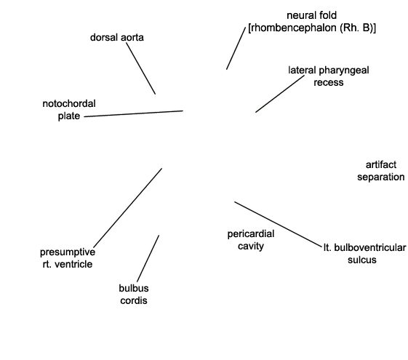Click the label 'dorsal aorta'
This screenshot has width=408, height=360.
tap(117, 38)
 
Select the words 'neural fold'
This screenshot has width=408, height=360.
tap(312, 15)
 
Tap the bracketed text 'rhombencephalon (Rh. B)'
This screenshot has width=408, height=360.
tap(312, 28)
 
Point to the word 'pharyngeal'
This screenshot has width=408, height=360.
tap(344, 71)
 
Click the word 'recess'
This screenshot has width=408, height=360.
tap(329, 82)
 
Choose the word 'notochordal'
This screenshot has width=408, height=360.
tap(69, 104)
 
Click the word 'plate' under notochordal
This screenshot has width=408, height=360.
tap(69, 116)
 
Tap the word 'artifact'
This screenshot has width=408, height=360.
tap(381, 164)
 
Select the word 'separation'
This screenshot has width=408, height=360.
tap(381, 177)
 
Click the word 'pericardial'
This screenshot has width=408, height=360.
tap(251, 234)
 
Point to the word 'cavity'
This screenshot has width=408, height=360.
tap(251, 246)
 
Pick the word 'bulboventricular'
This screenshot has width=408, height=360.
tap(370, 247)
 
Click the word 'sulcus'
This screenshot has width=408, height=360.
tap(362, 260)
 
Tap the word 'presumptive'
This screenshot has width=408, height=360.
tap(68, 252)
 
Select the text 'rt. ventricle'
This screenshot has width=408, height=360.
tap(68, 264)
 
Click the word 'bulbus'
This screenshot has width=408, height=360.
tap(134, 288)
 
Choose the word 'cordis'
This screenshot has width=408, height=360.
tap(134, 300)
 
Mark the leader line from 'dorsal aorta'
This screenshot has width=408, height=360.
tap(141, 68)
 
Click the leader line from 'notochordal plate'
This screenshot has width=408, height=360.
tap(134, 113)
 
